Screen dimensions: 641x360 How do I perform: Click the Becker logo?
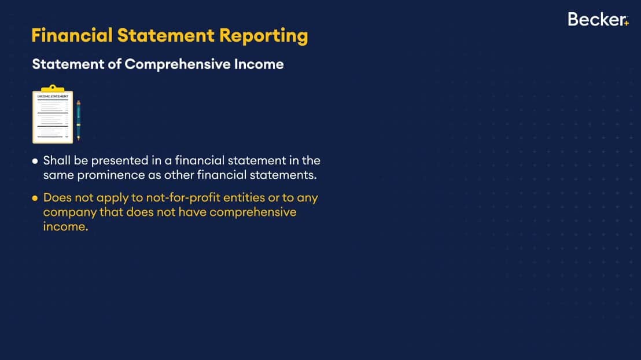[x=598, y=19]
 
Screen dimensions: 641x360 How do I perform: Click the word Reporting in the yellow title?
[x=264, y=36]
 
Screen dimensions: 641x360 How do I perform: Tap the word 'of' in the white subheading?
[x=115, y=64]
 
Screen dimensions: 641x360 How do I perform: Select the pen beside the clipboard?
[x=79, y=120]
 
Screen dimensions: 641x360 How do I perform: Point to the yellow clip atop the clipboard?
[x=53, y=89]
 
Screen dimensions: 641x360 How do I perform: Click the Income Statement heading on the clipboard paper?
[x=53, y=97]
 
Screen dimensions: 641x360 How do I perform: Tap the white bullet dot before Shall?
[x=35, y=161]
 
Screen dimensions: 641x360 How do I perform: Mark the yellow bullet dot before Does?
[x=35, y=199]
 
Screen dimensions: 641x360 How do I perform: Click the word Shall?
[x=57, y=160]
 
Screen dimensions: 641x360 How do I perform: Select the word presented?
[x=120, y=161]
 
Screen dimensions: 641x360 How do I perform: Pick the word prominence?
[x=111, y=175]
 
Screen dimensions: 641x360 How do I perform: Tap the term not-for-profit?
[x=183, y=197]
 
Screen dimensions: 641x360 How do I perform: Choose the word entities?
[x=244, y=197]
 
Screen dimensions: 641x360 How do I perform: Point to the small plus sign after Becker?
[x=627, y=23]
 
